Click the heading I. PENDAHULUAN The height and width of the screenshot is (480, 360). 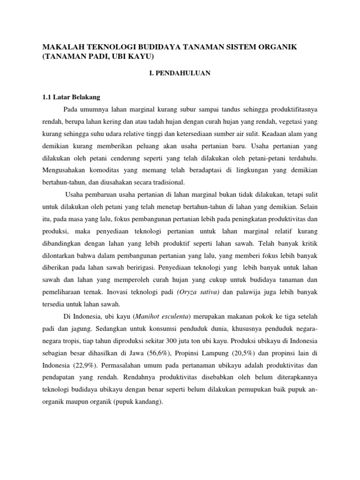pos(180,73)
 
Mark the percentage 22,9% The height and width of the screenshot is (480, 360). pos(84,365)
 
